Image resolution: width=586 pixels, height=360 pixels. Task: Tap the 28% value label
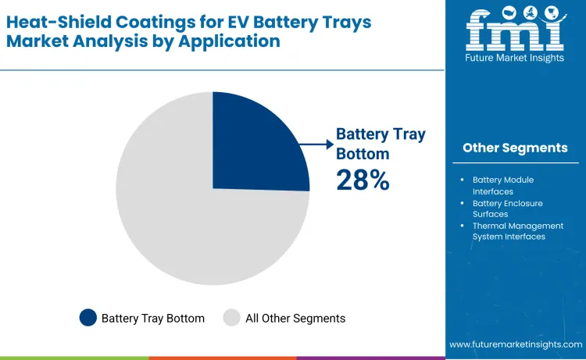pyautogui.click(x=363, y=180)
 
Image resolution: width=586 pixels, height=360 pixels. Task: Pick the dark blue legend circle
pyautogui.click(x=88, y=317)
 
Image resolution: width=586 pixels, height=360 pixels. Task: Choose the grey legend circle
pyautogui.click(x=232, y=317)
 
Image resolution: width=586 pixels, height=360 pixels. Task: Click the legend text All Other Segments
pyautogui.click(x=295, y=318)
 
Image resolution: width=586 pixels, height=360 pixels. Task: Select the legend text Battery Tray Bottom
pyautogui.click(x=153, y=318)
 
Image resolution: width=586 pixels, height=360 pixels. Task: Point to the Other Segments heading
pyautogui.click(x=515, y=148)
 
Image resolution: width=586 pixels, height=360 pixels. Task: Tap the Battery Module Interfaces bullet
pyautogui.click(x=504, y=185)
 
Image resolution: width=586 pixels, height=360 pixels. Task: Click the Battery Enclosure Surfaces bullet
pyautogui.click(x=507, y=209)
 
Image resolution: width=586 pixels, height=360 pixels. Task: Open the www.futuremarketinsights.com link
pyautogui.click(x=516, y=344)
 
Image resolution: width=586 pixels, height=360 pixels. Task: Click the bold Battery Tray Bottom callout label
pyautogui.click(x=381, y=144)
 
